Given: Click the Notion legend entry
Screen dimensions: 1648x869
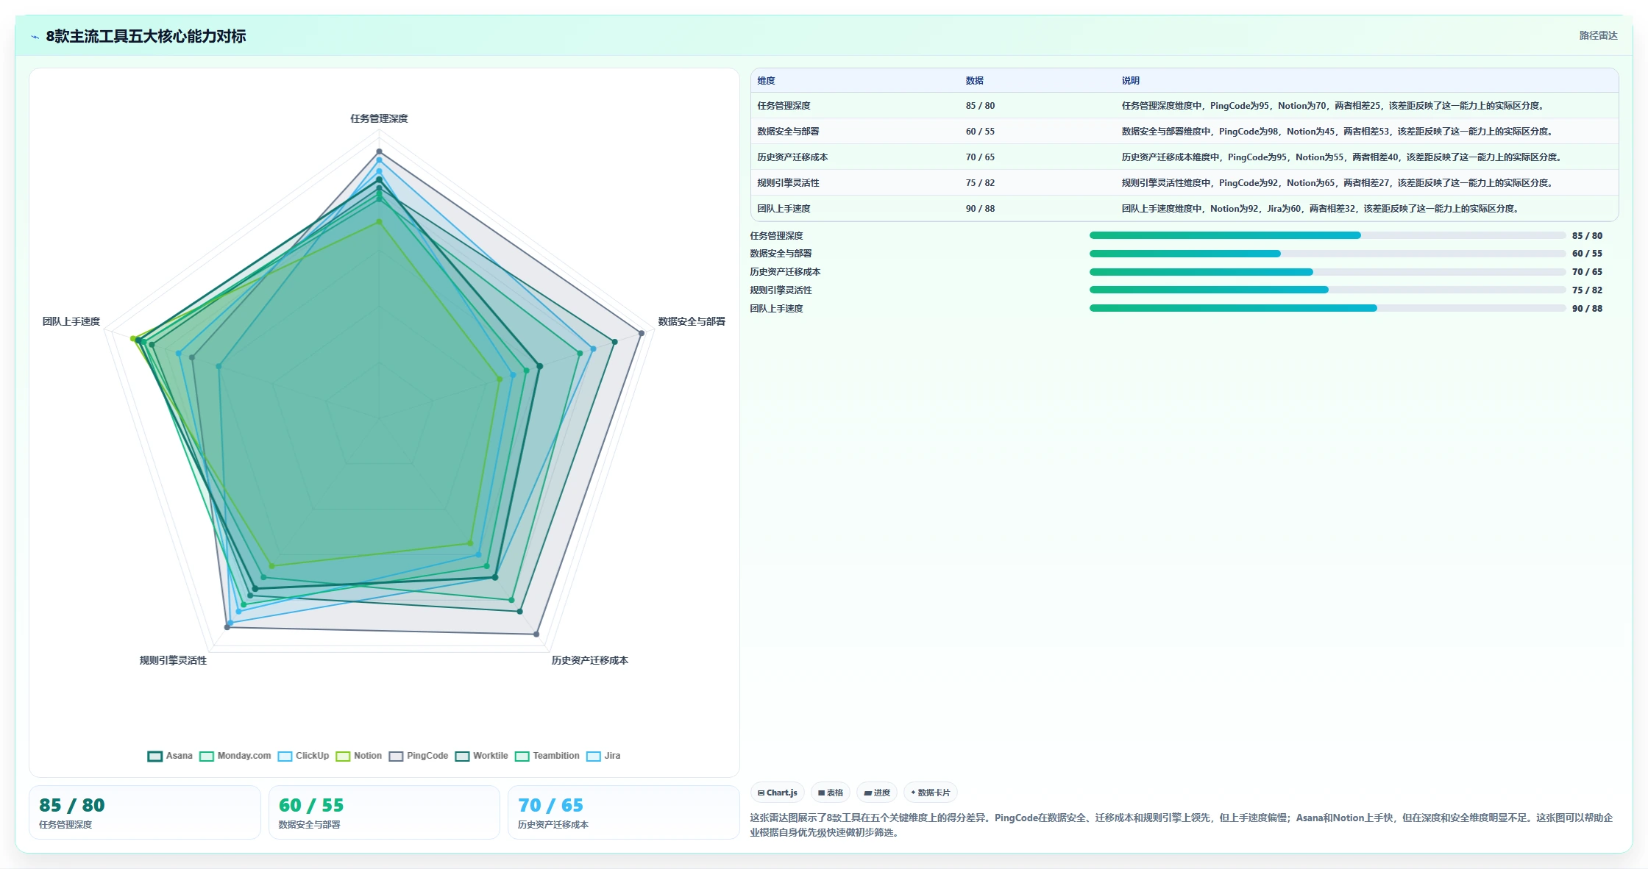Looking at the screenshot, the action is tap(359, 756).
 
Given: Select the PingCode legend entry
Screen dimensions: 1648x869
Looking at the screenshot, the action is tap(419, 756).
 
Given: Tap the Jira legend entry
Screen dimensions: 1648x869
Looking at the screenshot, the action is tap(603, 756).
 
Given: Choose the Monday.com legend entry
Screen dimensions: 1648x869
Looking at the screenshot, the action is tap(235, 756).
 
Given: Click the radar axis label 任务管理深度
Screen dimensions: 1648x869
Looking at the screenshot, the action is tap(379, 118).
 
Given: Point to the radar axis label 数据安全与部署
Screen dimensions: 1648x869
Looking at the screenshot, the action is tap(692, 321).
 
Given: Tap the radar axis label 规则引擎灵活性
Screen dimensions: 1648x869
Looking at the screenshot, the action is tap(174, 660).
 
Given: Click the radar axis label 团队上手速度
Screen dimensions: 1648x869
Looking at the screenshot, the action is tap(71, 321).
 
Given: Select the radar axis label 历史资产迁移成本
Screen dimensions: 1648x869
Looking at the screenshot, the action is tap(590, 660).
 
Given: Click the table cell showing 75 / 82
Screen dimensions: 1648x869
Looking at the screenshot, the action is tap(980, 183).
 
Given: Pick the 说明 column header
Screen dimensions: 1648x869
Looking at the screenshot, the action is tap(1131, 81).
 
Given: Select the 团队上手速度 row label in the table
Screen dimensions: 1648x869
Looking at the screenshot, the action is tap(784, 209).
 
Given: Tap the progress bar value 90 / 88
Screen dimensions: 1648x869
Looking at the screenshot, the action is tap(1587, 309).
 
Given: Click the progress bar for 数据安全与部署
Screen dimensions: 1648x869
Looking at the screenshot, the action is tap(1327, 254).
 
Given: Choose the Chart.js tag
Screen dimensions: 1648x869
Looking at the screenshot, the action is tap(778, 793).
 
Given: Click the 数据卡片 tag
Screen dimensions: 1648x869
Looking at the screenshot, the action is tap(931, 793).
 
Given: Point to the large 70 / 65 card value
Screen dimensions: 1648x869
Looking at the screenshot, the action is tap(550, 805).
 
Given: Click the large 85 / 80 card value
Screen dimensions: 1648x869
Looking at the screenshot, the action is tap(72, 805).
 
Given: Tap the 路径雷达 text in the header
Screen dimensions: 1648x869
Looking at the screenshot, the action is tap(1598, 35).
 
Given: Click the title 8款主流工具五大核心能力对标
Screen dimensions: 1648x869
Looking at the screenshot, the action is tap(146, 36).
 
